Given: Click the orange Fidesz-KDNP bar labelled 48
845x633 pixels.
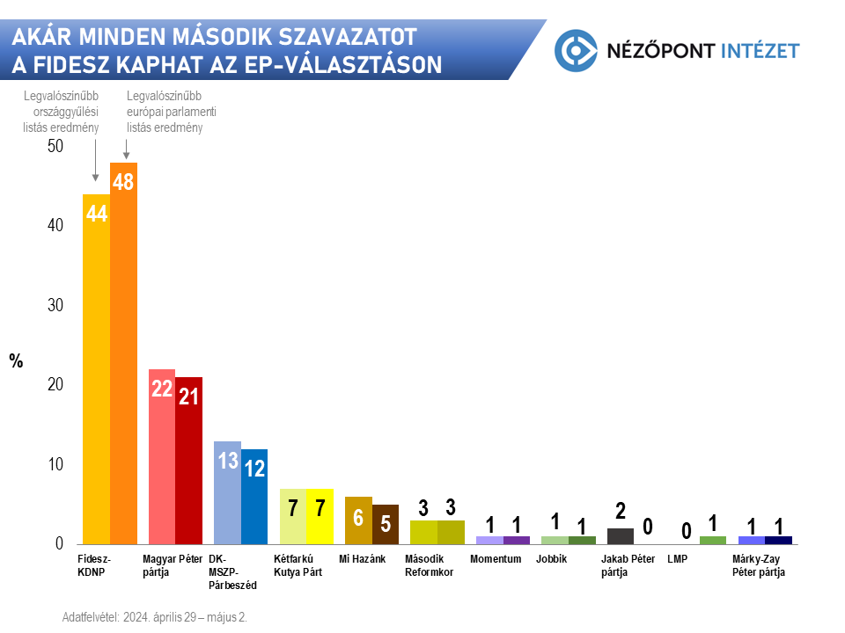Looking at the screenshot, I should (123, 352).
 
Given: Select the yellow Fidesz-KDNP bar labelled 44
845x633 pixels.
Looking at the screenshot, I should (96, 369).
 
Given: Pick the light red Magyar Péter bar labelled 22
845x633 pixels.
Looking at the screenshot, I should (162, 456).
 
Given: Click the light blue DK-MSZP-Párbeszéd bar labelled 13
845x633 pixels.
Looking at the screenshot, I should (227, 492).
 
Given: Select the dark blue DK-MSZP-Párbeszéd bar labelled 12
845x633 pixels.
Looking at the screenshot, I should (254, 496).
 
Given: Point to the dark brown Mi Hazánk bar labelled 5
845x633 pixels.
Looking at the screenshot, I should (386, 524).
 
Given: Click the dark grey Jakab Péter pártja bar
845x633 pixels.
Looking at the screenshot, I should (621, 535).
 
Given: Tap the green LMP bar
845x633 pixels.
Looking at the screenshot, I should (713, 540).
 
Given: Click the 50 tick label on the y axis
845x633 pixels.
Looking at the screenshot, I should (55, 146).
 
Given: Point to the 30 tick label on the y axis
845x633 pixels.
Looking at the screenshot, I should (55, 305).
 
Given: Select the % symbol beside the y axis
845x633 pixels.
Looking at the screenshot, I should (16, 360).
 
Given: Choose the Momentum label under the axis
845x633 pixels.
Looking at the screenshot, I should (496, 559).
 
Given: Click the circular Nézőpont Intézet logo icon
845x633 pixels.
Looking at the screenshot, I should (576, 49).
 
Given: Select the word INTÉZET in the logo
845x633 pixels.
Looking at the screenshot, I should (759, 50).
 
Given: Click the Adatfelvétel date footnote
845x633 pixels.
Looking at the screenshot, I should (155, 617).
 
